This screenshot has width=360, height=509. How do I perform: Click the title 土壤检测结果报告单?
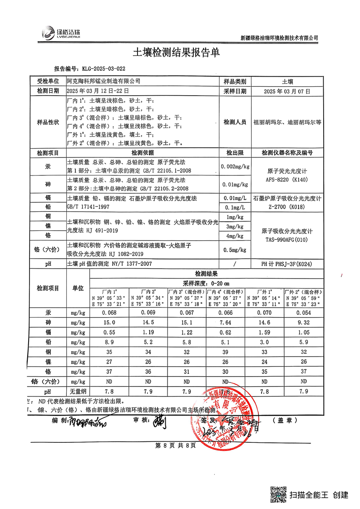pyautogui.click(x=176, y=53)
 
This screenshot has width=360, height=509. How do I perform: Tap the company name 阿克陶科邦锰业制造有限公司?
pyautogui.click(x=104, y=82)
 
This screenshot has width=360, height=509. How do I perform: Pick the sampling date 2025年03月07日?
pyautogui.click(x=287, y=91)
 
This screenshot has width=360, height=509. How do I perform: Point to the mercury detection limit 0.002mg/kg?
pyautogui.click(x=235, y=166)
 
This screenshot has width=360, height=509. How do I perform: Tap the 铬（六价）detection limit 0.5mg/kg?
pyautogui.click(x=235, y=250)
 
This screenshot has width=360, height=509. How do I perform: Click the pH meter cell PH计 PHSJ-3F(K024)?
pyautogui.click(x=287, y=264)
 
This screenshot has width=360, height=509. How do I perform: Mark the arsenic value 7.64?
pyautogui.click(x=226, y=323)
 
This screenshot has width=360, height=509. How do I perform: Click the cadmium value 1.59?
pyautogui.click(x=264, y=332)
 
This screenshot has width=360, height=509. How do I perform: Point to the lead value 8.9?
pyautogui.click(x=109, y=342)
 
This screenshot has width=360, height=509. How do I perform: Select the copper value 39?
pyautogui.click(x=226, y=351)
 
